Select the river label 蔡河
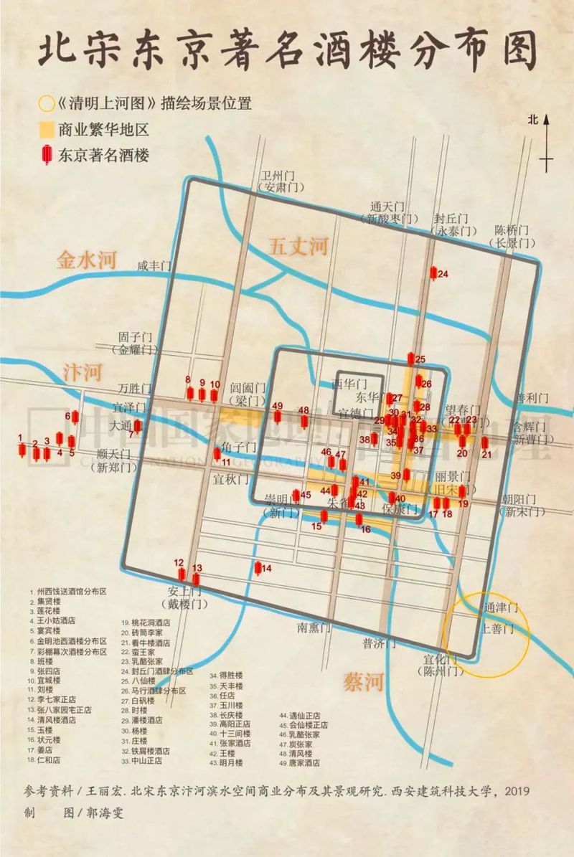point(364,680)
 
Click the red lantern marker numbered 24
point(433,273)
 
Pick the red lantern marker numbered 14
point(258,569)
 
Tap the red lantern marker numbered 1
point(22,450)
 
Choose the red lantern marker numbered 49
point(278,417)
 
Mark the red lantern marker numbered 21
point(485,443)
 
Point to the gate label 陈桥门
point(512,231)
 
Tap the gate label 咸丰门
point(156,266)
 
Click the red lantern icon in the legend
point(47,154)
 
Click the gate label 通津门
point(500,607)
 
